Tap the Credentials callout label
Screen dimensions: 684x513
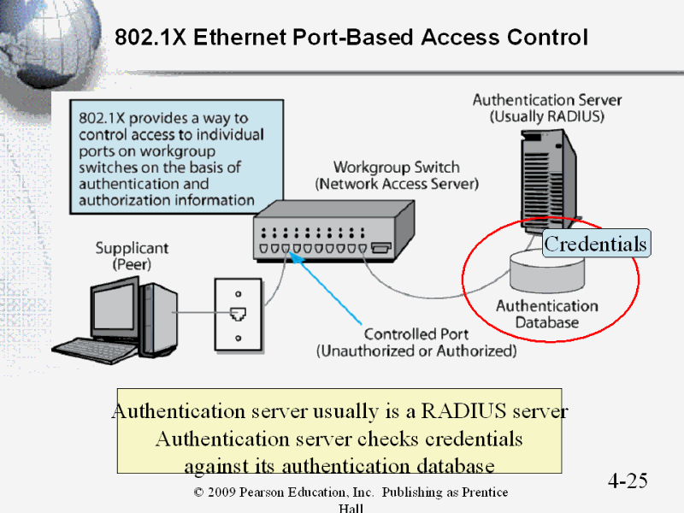[x=596, y=244]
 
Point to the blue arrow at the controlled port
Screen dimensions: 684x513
[x=326, y=288]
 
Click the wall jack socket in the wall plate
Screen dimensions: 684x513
[x=238, y=314]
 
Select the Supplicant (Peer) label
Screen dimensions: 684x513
[x=132, y=256]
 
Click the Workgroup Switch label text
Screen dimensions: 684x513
[x=397, y=168]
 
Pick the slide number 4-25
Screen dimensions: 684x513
[x=628, y=481]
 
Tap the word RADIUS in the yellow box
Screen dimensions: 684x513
[x=463, y=411]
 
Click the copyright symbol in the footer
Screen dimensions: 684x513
[x=198, y=492]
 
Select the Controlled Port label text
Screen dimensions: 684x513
[x=416, y=334]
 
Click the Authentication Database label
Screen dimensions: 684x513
[x=547, y=314]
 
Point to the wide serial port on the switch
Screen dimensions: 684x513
[x=380, y=248]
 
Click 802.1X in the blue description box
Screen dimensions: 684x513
[x=102, y=118]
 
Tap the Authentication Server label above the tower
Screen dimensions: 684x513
[x=547, y=100]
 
